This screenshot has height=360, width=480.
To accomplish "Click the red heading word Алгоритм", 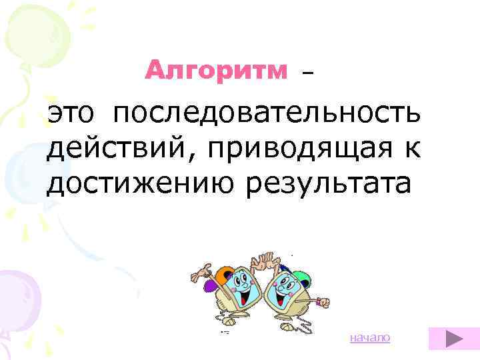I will (216, 69).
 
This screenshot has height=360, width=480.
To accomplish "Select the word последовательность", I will (266, 114).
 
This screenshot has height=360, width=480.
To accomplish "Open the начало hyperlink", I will (370, 339).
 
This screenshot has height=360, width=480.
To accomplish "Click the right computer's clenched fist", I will (323, 303).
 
